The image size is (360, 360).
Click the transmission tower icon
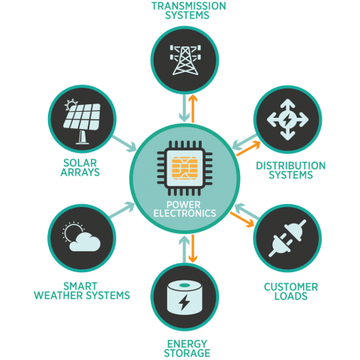coord(185,60)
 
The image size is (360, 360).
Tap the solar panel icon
coord(82,121)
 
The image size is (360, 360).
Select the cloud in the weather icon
coord(85,242)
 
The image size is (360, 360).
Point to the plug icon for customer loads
coord(287,238)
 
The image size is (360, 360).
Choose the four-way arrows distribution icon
coord(287,119)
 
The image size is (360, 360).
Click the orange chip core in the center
coord(184,168)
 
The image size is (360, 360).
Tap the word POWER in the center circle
coord(184,205)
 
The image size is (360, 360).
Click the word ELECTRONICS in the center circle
coord(184,214)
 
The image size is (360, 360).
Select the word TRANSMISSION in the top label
coord(189,6)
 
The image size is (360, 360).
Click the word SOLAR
coord(80,163)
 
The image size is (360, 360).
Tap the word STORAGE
coord(187,353)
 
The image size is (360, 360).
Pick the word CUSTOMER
coord(291,287)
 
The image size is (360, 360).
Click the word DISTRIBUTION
coord(291,166)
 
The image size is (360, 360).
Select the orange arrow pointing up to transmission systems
coord(193,109)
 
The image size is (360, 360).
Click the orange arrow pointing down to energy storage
coord(193,248)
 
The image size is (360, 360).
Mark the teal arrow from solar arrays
coord(124,144)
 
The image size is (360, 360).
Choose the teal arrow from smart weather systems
coord(122,209)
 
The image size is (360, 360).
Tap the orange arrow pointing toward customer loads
coord(242,220)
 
